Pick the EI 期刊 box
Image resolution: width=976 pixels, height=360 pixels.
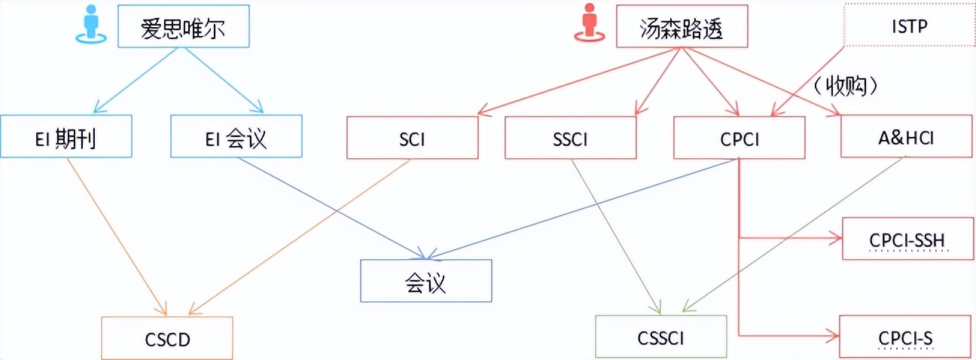pos(66,137)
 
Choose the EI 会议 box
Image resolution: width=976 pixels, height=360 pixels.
pos(236,137)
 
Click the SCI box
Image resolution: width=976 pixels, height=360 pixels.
pos(413,137)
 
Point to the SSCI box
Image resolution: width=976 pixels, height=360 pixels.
pos(571,137)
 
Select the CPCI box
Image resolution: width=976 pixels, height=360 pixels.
pos(740,137)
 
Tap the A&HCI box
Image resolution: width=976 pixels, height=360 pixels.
pos(906,137)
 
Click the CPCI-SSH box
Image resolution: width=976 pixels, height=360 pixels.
pos(907,239)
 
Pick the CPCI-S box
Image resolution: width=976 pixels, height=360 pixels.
pos(906,337)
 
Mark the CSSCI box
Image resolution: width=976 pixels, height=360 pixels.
pos(661,337)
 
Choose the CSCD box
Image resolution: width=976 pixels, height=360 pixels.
pos(167,338)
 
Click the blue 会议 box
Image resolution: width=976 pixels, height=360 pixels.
pos(425,281)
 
